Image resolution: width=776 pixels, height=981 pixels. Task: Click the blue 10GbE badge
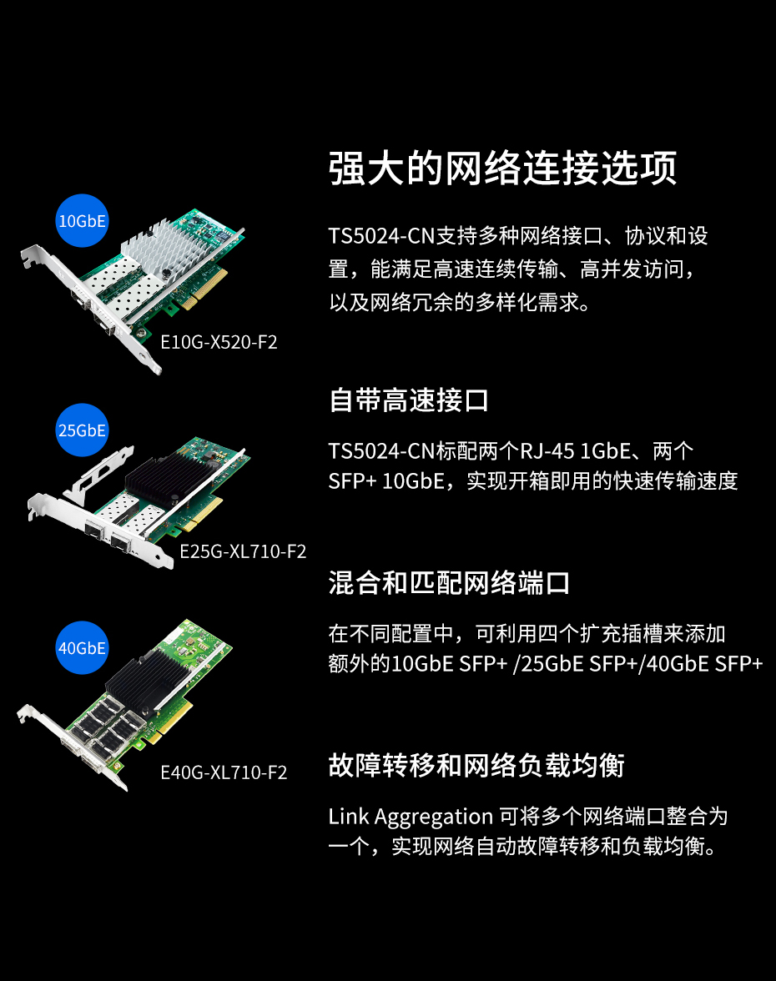point(82,221)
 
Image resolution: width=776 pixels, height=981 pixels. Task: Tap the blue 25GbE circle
point(82,430)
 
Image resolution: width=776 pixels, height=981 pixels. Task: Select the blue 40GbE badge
point(82,648)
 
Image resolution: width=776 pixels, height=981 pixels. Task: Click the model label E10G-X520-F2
point(219,342)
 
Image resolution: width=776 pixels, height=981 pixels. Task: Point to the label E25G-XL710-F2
point(243,551)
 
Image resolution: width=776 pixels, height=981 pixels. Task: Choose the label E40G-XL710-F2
point(224,772)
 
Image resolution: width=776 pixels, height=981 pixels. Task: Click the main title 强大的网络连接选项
point(502,168)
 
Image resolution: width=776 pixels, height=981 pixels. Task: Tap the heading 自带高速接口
point(409,400)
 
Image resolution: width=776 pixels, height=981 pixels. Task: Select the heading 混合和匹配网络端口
point(449,583)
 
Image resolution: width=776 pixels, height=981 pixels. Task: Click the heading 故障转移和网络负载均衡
point(476,765)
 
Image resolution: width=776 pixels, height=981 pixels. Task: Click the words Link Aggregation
point(411,817)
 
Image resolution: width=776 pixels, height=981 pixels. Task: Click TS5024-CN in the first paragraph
point(381,236)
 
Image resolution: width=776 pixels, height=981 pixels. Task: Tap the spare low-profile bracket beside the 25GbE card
point(98,474)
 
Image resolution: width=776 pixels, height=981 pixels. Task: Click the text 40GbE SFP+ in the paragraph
point(704,664)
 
